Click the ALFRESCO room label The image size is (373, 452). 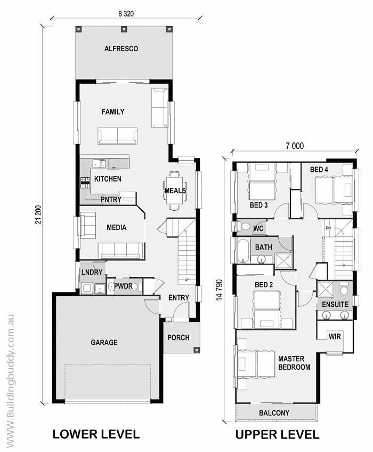[121, 49]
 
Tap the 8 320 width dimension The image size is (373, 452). [126, 13]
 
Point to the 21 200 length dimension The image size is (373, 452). [38, 215]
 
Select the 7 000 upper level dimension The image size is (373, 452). [295, 146]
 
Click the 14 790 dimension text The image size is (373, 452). [220, 290]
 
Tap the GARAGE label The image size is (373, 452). [104, 343]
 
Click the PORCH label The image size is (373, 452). [179, 338]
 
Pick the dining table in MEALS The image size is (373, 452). [175, 191]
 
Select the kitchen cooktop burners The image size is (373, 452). [85, 183]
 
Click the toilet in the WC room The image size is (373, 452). [244, 226]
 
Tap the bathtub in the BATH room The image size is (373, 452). [243, 250]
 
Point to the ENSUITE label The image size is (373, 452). [335, 304]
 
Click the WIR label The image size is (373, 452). [335, 336]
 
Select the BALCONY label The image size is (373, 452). [274, 413]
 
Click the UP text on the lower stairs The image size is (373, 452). [187, 280]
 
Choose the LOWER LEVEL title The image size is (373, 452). [96, 434]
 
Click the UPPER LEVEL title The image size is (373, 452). [277, 434]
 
